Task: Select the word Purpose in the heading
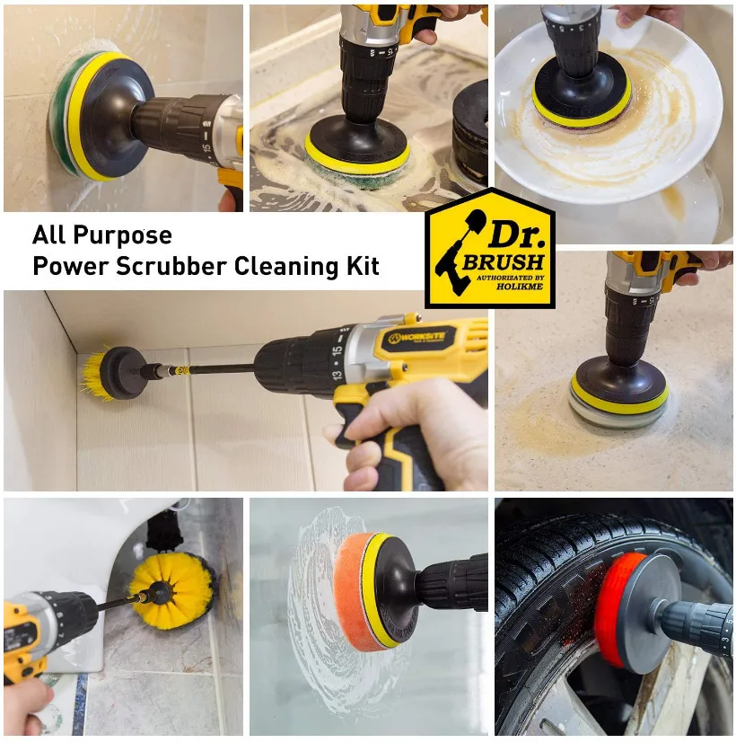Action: (x=123, y=235)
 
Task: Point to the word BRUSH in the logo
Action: (x=504, y=262)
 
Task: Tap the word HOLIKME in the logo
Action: (x=519, y=287)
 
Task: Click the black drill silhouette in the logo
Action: (x=459, y=252)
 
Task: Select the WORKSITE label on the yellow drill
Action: (x=416, y=338)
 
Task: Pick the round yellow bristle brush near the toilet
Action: (x=171, y=591)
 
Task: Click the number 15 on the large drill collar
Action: (x=337, y=351)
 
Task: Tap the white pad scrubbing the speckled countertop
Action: (x=617, y=413)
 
